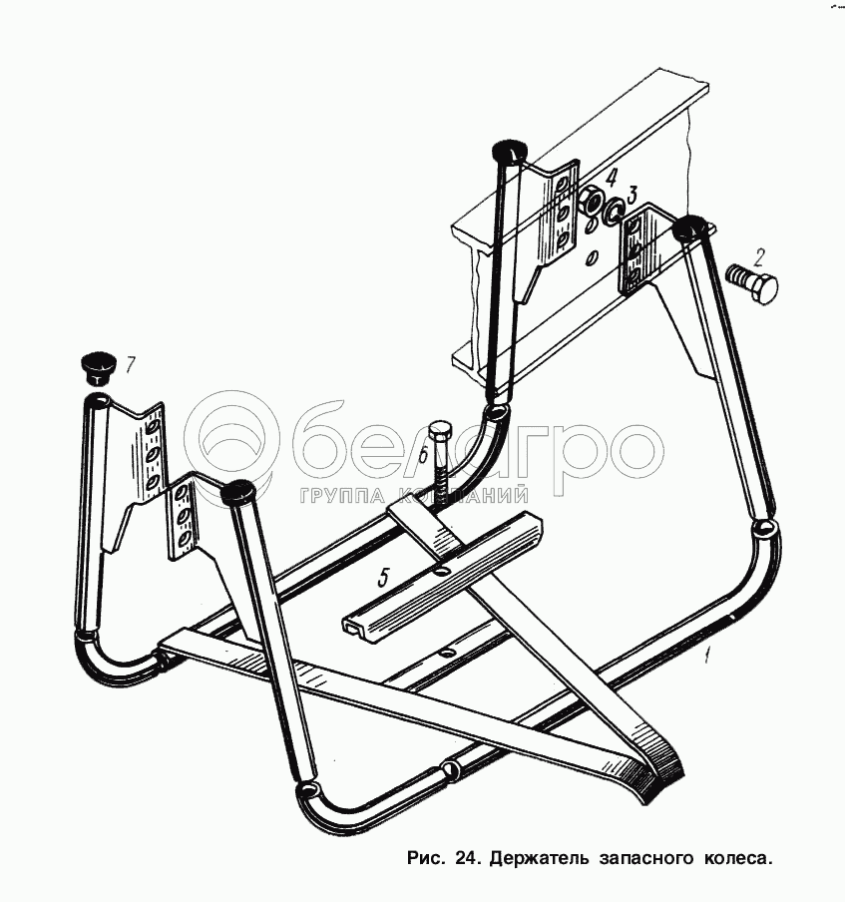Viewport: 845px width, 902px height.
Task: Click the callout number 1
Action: (x=707, y=656)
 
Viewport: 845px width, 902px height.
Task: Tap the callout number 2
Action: (x=759, y=255)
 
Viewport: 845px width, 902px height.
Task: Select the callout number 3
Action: (x=632, y=194)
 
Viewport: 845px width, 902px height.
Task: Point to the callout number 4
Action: (x=611, y=178)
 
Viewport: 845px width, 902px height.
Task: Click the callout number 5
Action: (x=383, y=576)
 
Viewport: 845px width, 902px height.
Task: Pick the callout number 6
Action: (x=423, y=454)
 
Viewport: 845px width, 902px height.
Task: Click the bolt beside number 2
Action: (x=754, y=286)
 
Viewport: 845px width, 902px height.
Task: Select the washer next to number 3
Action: (x=613, y=210)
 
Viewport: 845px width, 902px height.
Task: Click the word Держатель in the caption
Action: (x=535, y=857)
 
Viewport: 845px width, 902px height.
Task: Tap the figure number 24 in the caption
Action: (x=465, y=857)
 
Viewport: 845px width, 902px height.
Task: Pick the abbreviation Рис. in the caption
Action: (x=427, y=857)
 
